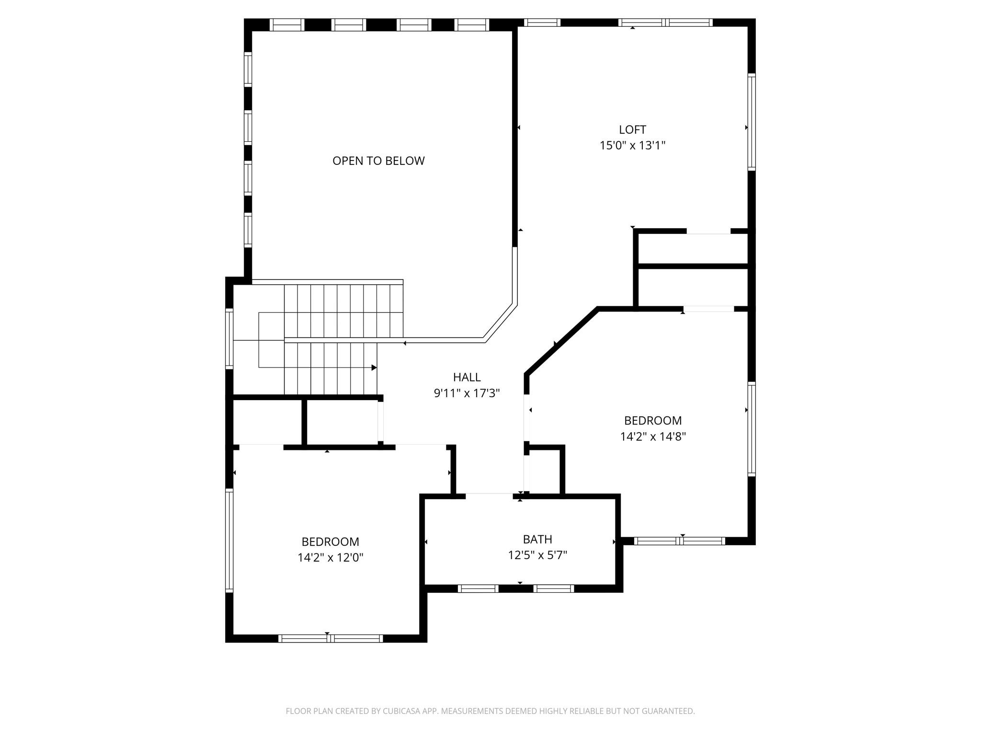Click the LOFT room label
[x=632, y=129]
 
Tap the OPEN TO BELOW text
[x=378, y=161]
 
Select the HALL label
[x=467, y=377]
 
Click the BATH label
[x=537, y=539]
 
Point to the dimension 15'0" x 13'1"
[x=632, y=145]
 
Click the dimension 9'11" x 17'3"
[x=467, y=393]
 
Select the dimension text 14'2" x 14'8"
[x=653, y=437]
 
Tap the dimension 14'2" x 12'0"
[x=330, y=558]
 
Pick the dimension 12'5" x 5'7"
[x=537, y=555]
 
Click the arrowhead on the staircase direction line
[x=374, y=368]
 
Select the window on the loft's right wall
[x=752, y=122]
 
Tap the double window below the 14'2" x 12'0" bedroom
[x=331, y=638]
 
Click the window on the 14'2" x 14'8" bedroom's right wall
[x=752, y=429]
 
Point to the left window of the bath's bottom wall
[x=478, y=588]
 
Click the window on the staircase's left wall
[x=229, y=339]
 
